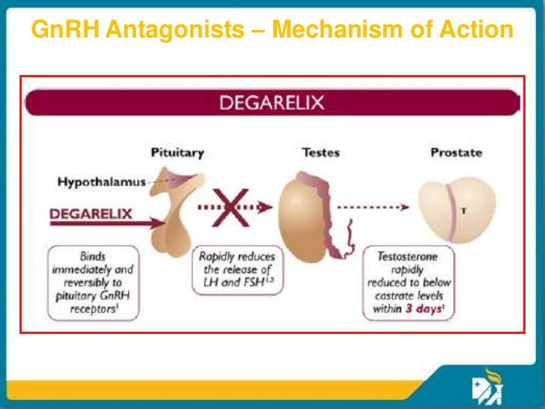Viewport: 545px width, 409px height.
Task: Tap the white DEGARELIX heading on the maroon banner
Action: click(x=272, y=103)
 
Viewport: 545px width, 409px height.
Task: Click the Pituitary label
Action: click(x=177, y=153)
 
